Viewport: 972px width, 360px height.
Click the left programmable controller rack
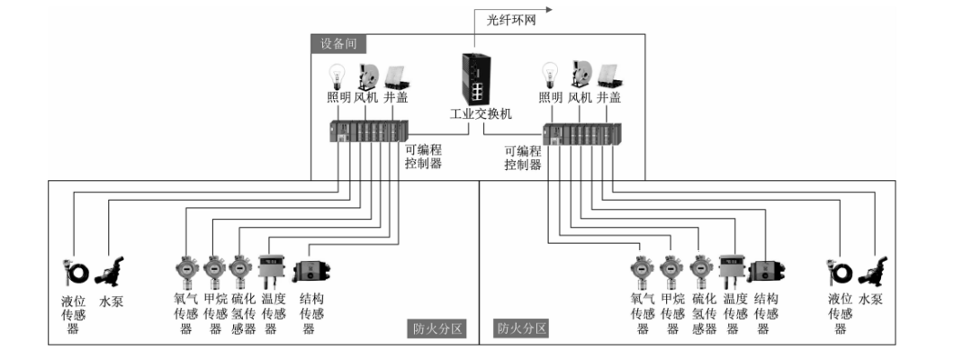pyautogui.click(x=369, y=132)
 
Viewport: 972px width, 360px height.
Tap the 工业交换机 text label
pyautogui.click(x=480, y=114)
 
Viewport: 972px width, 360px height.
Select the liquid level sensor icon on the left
pyautogui.click(x=70, y=271)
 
